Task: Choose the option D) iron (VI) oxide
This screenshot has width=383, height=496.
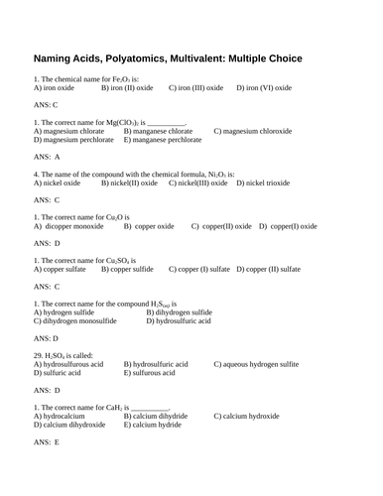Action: [x=264, y=88]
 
